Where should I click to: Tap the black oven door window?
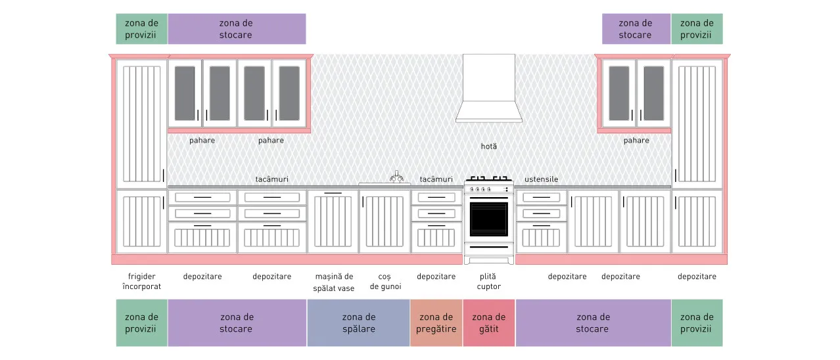pyautogui.click(x=488, y=219)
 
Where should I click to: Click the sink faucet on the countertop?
pyautogui.click(x=396, y=177)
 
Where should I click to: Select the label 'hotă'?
pyautogui.click(x=488, y=146)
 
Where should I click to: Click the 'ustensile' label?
pyautogui.click(x=541, y=179)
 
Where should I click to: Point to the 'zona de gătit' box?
pyautogui.click(x=488, y=323)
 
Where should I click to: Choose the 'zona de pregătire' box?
pyautogui.click(x=436, y=323)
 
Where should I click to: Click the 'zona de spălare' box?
pyautogui.click(x=358, y=323)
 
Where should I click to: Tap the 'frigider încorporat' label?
pyautogui.click(x=141, y=281)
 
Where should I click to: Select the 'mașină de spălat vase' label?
pyautogui.click(x=334, y=282)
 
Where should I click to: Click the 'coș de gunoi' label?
pyautogui.click(x=385, y=282)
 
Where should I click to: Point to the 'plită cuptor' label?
pyautogui.click(x=488, y=281)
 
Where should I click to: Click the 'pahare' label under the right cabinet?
pyautogui.click(x=636, y=141)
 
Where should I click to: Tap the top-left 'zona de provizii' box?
pyautogui.click(x=142, y=29)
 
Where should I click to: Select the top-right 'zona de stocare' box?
pyautogui.click(x=636, y=29)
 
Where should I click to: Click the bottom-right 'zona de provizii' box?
pyautogui.click(x=697, y=323)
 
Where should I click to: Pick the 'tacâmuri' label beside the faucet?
pyautogui.click(x=436, y=179)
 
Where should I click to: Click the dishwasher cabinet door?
pyautogui.click(x=333, y=221)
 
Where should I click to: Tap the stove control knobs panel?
pyautogui.click(x=488, y=189)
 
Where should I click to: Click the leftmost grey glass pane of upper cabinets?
pyautogui.click(x=185, y=93)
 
